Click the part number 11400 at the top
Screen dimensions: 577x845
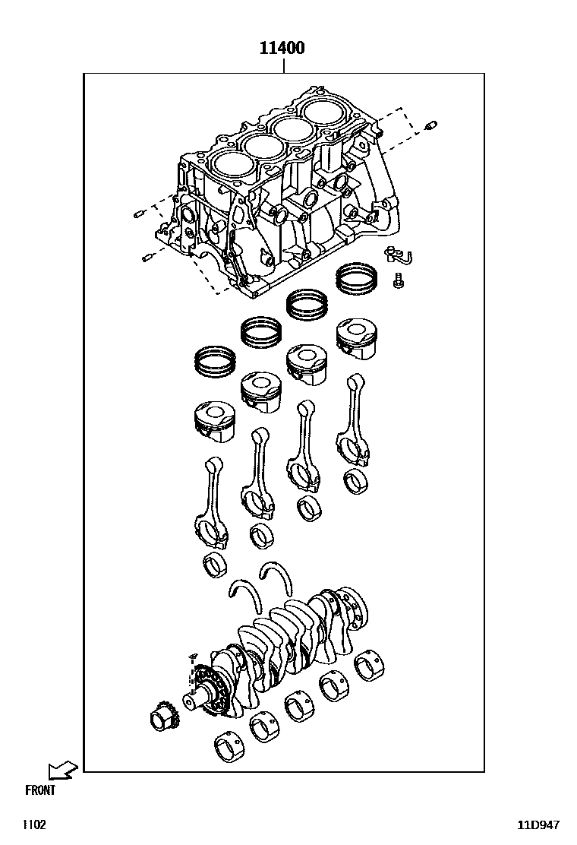[x=282, y=48]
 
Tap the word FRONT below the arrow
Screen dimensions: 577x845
[x=39, y=790]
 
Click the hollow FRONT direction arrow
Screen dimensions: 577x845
[x=63, y=770]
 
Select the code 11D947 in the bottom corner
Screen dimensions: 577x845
[x=538, y=825]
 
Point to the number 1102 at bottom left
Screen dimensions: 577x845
[x=34, y=825]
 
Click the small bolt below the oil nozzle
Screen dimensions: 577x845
[x=399, y=280]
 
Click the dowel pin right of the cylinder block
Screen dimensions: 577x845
[x=430, y=126]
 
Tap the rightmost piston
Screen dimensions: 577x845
[x=356, y=339]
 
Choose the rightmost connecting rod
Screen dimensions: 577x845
[x=354, y=419]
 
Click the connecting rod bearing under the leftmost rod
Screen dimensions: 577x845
[x=215, y=565]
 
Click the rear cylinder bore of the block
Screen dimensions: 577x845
[x=325, y=111]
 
